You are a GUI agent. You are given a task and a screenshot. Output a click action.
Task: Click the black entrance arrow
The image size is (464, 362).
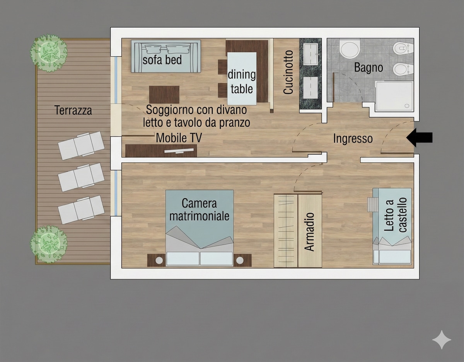(419, 138)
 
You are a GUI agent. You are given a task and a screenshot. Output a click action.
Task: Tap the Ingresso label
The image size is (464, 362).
(353, 139)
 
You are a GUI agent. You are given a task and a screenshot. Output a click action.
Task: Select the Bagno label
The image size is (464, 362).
(368, 68)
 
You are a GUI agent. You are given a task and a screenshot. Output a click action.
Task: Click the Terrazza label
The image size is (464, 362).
(73, 110)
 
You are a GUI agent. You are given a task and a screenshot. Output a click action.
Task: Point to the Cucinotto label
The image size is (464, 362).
(288, 72)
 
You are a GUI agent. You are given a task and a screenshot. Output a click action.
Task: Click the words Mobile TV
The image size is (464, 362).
(179, 138)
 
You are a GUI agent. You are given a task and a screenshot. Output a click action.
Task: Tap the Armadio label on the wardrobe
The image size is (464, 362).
(309, 232)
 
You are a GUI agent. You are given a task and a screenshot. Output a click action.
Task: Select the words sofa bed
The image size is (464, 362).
(162, 60)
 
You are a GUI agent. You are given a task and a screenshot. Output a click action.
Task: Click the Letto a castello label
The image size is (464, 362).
(396, 214)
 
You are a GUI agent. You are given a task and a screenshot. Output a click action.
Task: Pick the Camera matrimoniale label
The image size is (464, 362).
(199, 210)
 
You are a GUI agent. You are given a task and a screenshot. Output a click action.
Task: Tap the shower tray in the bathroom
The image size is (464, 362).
(394, 96)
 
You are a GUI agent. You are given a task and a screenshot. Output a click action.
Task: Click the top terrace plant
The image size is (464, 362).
(49, 53)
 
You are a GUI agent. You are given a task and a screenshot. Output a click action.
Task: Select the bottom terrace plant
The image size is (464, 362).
(49, 244)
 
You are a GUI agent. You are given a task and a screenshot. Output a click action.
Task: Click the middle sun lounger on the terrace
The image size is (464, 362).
(81, 177)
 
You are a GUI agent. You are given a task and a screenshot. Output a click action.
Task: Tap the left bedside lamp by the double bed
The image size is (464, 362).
(159, 260)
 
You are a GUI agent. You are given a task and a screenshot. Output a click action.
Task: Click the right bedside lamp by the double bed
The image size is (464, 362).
(240, 260)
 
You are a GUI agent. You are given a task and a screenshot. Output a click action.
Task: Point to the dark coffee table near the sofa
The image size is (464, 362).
(164, 95)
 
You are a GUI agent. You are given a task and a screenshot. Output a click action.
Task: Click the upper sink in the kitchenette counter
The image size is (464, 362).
(310, 54)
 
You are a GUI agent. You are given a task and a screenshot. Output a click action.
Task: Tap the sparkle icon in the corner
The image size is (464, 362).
(442, 340)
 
